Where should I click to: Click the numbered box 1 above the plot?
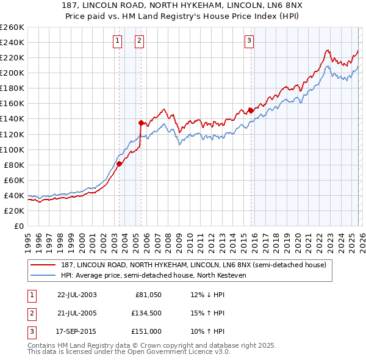pyautogui.click(x=117, y=41)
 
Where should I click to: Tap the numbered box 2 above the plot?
pyautogui.click(x=139, y=41)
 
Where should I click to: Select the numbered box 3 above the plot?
pyautogui.click(x=249, y=41)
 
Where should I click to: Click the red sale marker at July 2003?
pyautogui.click(x=120, y=163)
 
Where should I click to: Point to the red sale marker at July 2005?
pyautogui.click(x=141, y=123)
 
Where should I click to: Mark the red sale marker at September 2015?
pyautogui.click(x=250, y=110)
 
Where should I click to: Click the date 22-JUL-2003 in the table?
pyautogui.click(x=77, y=295)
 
